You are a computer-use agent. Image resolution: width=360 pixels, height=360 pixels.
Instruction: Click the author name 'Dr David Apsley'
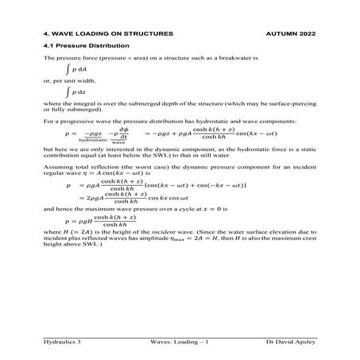click(292, 341)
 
